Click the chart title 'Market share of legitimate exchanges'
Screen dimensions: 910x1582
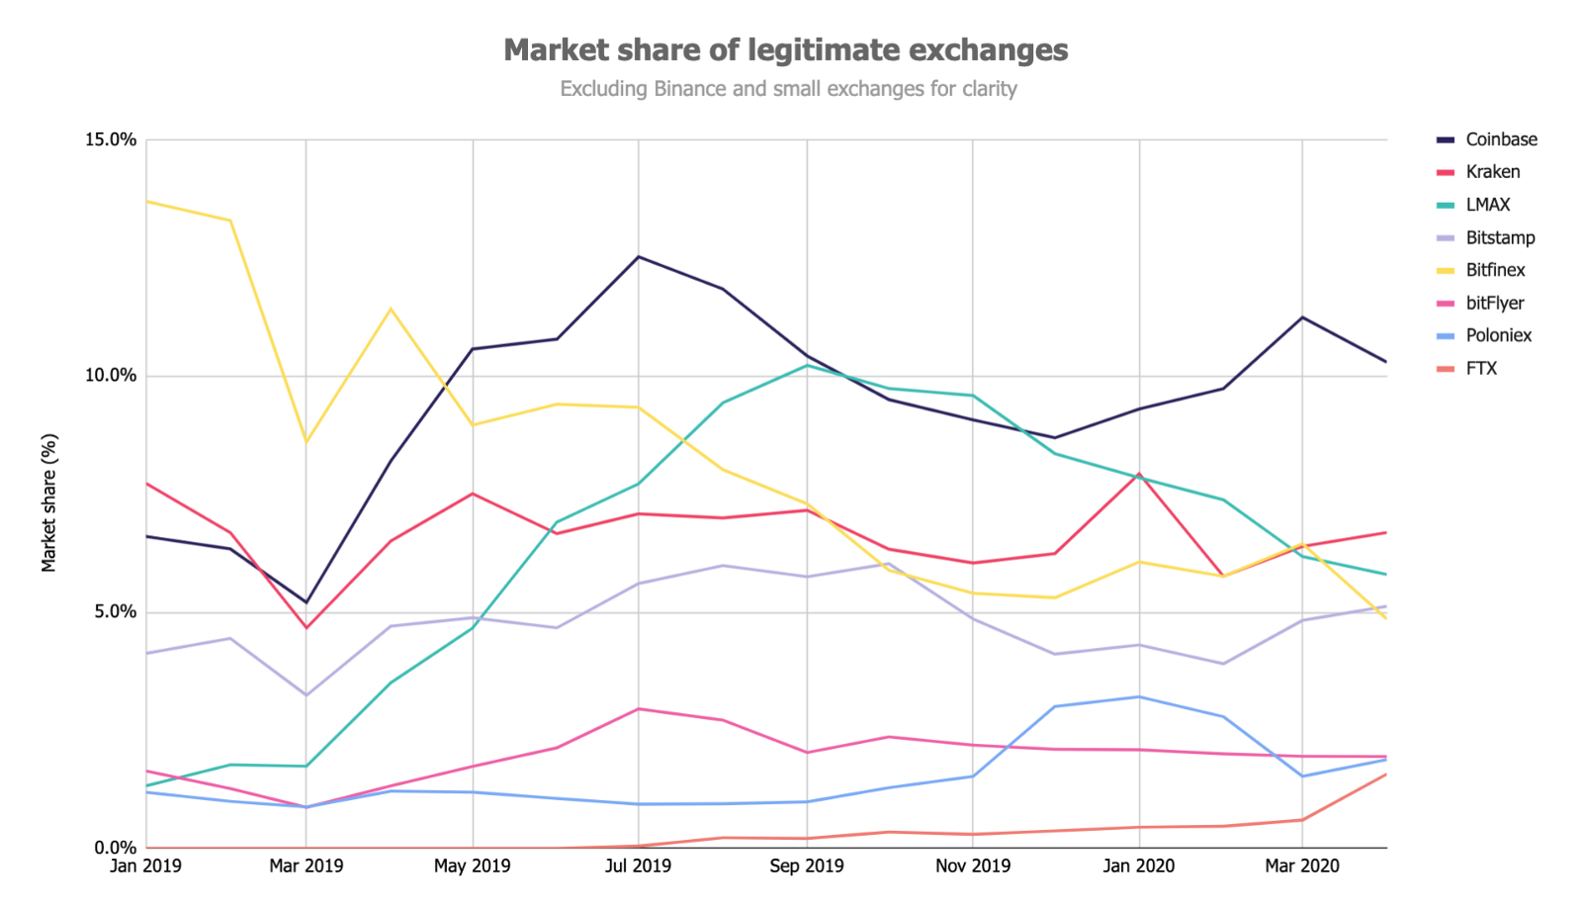pyautogui.click(x=785, y=49)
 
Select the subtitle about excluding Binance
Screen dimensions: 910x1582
pyautogui.click(x=788, y=89)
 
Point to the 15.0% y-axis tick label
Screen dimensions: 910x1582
pyautogui.click(x=110, y=139)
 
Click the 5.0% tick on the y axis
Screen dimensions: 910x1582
pyautogui.click(x=114, y=611)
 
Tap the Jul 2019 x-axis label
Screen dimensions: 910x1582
pyautogui.click(x=638, y=866)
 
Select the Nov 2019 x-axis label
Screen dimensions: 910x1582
pyautogui.click(x=973, y=866)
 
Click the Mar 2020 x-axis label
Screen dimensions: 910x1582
pyautogui.click(x=1302, y=866)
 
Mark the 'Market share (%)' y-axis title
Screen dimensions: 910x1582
pyautogui.click(x=49, y=502)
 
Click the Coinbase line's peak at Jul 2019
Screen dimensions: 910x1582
pyautogui.click(x=639, y=256)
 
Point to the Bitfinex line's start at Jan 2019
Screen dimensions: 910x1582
pyautogui.click(x=147, y=201)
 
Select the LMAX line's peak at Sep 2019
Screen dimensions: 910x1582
pyautogui.click(x=807, y=365)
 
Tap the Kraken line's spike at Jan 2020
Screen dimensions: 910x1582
pyautogui.click(x=1139, y=474)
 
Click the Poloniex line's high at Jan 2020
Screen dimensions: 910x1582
pyautogui.click(x=1139, y=696)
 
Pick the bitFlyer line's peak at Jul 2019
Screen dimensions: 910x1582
pyautogui.click(x=639, y=708)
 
